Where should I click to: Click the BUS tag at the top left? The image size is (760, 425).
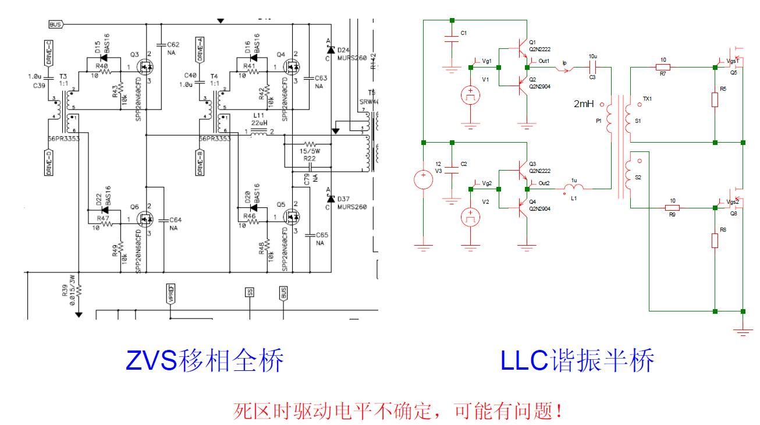(x=56, y=24)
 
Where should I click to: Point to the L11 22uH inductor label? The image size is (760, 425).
(x=259, y=120)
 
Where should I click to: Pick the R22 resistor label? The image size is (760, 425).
(x=310, y=158)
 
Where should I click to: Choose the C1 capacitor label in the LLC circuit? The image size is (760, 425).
(x=464, y=33)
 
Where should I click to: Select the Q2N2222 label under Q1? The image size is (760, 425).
(x=540, y=49)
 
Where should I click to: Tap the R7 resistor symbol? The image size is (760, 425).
(x=663, y=67)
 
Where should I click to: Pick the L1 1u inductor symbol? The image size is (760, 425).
(x=575, y=187)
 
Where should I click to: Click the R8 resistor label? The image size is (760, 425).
(x=723, y=231)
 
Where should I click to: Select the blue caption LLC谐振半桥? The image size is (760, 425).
(x=577, y=362)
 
